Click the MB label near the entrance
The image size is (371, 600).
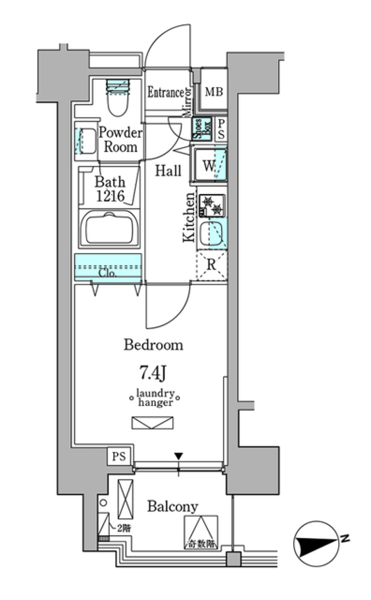[214, 92]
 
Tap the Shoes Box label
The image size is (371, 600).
[202, 128]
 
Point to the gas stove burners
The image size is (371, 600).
[211, 205]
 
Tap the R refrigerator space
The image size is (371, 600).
[211, 265]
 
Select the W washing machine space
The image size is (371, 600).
[209, 165]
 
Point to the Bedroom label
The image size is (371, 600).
[153, 344]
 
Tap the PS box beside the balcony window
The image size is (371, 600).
[119, 456]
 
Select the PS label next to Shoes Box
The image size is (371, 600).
[221, 129]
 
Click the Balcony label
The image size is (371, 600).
[172, 506]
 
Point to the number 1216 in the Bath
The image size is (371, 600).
[110, 196]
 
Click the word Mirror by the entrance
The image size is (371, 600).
[187, 102]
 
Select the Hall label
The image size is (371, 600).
[168, 170]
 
